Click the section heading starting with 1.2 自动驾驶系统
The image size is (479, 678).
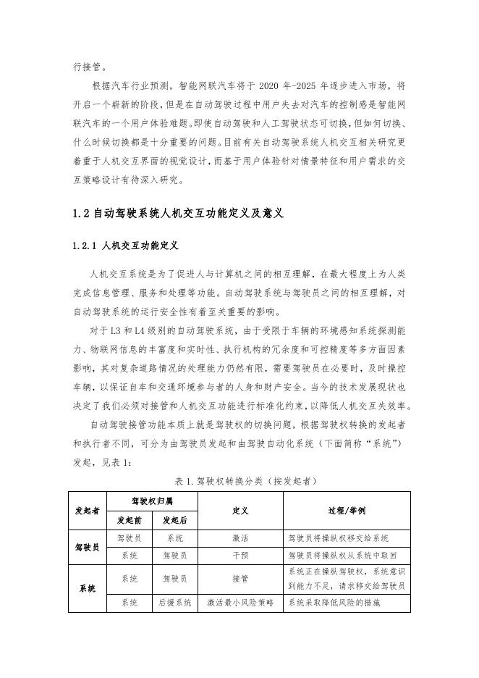tap(177, 214)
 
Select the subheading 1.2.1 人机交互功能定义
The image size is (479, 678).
tap(125, 246)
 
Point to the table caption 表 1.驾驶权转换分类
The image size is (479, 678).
tap(245, 480)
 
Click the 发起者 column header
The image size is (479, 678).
tap(87, 510)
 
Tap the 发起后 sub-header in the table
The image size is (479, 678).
tap(174, 520)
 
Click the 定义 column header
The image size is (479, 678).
tap(240, 510)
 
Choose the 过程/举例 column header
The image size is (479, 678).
tap(347, 510)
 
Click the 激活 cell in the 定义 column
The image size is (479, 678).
tap(240, 538)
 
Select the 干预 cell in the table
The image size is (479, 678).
tap(240, 556)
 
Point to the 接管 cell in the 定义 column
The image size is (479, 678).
tap(240, 579)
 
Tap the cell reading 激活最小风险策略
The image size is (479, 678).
tap(240, 603)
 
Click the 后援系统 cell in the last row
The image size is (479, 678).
tap(174, 603)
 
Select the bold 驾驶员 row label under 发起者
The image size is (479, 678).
tap(87, 547)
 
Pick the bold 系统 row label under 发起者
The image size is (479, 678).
tap(87, 588)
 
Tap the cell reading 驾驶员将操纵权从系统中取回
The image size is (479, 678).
tap(339, 556)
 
